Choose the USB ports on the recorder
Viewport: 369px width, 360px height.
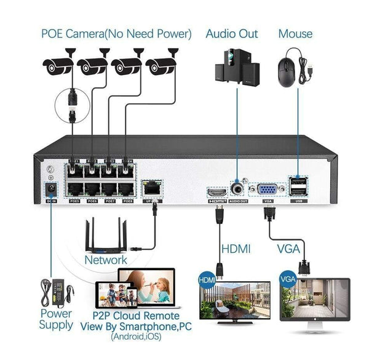tap(299, 186)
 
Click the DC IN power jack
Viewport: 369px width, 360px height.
tap(52, 190)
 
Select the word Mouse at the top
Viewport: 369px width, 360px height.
tap(295, 33)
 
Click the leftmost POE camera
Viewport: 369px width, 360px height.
tap(58, 66)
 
